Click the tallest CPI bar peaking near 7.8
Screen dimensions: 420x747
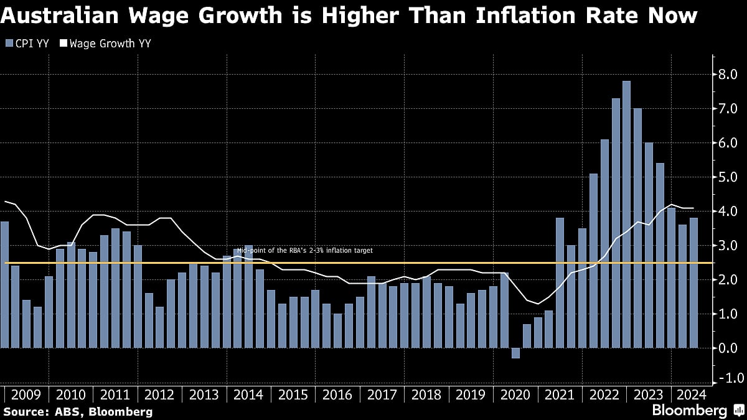point(626,215)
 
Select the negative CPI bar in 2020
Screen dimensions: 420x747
point(515,353)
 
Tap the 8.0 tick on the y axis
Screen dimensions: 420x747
point(728,75)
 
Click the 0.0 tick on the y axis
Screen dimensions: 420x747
point(728,348)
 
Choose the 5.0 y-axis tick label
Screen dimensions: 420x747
point(728,177)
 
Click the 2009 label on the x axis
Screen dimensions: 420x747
point(26,394)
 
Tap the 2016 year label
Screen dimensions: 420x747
point(337,394)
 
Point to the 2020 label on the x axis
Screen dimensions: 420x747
point(515,394)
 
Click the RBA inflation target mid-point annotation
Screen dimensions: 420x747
point(304,251)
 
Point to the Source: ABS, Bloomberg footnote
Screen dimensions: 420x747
point(78,411)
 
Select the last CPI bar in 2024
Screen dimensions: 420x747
point(693,283)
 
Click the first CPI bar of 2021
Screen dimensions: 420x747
point(560,283)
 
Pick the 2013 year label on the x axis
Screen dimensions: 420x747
point(204,394)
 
